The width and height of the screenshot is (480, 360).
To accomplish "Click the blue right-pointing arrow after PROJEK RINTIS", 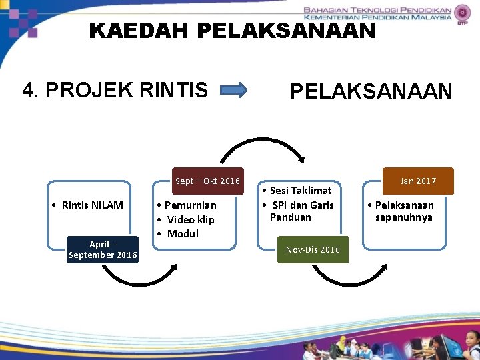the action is click(233, 90).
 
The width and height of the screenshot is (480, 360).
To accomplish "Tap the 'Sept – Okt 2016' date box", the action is click(207, 181).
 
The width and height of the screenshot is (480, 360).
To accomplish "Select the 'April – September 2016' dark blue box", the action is click(103, 249).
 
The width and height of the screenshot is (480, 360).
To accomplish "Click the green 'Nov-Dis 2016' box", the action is click(313, 249).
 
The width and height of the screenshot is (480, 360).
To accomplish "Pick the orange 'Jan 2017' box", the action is click(418, 181).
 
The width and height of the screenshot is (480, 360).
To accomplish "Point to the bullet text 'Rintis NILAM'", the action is click(92, 205).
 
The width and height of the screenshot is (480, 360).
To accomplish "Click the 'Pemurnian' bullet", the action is click(190, 205).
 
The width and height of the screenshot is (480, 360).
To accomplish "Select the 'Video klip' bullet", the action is click(190, 219).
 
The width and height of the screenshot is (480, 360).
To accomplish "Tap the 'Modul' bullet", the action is click(183, 233).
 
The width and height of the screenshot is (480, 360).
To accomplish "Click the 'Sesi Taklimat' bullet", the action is click(300, 191).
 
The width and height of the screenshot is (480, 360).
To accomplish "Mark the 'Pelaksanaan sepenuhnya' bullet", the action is click(404, 211).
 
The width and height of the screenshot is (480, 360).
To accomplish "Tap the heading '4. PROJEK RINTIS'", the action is click(115, 89).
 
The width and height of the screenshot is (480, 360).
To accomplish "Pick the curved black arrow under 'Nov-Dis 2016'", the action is click(347, 277).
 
